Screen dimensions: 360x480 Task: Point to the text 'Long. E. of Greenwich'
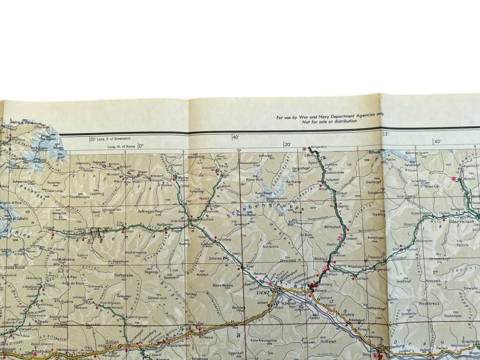tap(114, 138)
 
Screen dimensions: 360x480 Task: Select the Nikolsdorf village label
tap(358, 322)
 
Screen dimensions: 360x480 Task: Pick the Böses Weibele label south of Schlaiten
tap(222, 285)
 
